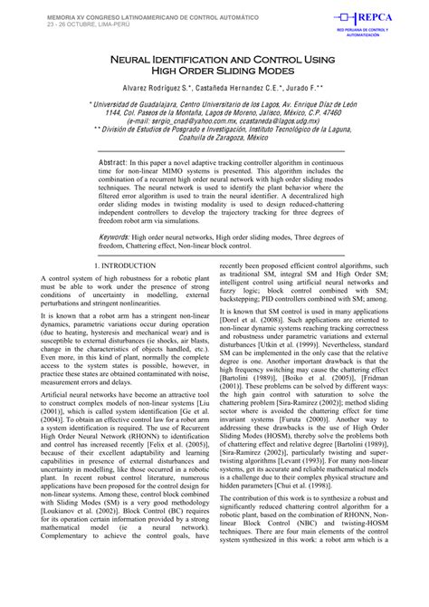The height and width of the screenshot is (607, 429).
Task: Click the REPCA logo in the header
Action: point(373,19)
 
